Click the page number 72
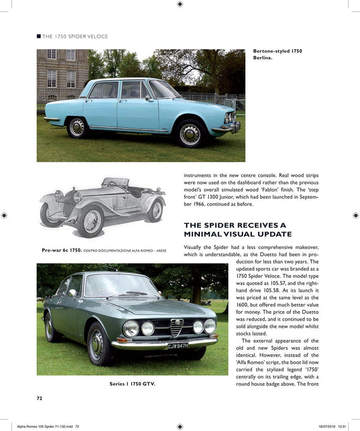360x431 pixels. tap(39, 397)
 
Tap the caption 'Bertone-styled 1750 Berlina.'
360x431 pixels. tap(278, 55)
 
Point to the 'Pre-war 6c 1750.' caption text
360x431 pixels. tap(63, 249)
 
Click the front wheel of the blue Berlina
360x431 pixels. tap(190, 134)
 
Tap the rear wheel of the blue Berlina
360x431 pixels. tap(77, 127)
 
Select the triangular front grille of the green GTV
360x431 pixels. tap(176, 327)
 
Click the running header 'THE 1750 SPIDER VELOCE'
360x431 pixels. tap(75, 37)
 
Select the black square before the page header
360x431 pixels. tap(39, 37)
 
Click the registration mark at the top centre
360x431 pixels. tap(180, 5)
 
